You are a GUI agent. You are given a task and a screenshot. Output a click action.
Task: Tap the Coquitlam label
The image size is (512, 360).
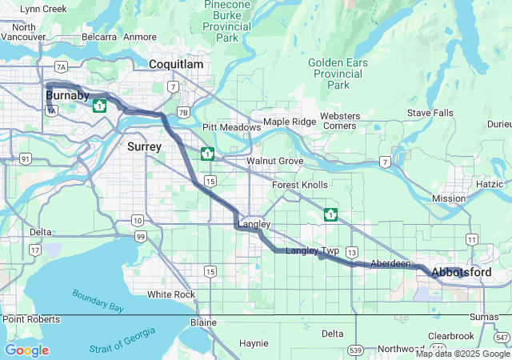point(176,64)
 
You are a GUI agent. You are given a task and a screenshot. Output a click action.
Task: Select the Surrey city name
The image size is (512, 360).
point(144,146)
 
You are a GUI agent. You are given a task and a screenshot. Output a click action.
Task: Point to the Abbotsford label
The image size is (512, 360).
point(461,273)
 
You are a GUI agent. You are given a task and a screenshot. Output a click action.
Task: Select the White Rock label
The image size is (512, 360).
point(171,294)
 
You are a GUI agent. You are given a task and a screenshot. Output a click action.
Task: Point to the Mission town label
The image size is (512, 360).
point(448,198)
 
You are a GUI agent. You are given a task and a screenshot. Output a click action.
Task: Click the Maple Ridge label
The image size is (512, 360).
point(290,122)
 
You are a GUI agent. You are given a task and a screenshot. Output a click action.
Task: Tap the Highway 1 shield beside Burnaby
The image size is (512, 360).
point(100,106)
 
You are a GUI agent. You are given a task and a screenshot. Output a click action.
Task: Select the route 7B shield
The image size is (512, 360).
point(184,112)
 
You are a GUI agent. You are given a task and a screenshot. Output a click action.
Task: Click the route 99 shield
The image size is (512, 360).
point(140,236)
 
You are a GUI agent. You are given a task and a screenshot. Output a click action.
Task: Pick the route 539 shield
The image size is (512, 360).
point(356,350)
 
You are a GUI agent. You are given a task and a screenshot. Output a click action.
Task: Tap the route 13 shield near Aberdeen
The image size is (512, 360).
point(352,252)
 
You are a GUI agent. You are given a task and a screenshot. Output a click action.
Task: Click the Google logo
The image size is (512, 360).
point(26,350)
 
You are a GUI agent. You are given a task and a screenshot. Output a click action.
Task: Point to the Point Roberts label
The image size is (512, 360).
point(30,319)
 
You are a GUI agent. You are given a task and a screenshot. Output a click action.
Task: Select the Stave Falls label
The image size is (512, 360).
point(430,113)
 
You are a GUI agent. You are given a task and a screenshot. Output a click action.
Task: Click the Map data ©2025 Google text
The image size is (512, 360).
point(462,354)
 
